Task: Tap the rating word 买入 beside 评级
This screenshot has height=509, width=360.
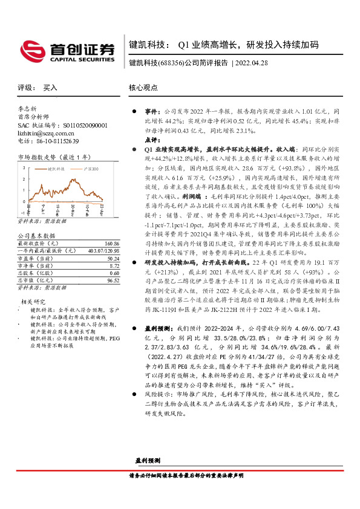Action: click(50, 88)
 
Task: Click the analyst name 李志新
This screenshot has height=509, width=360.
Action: click(28, 110)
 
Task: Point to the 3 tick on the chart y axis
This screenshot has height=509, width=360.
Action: click(22, 166)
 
